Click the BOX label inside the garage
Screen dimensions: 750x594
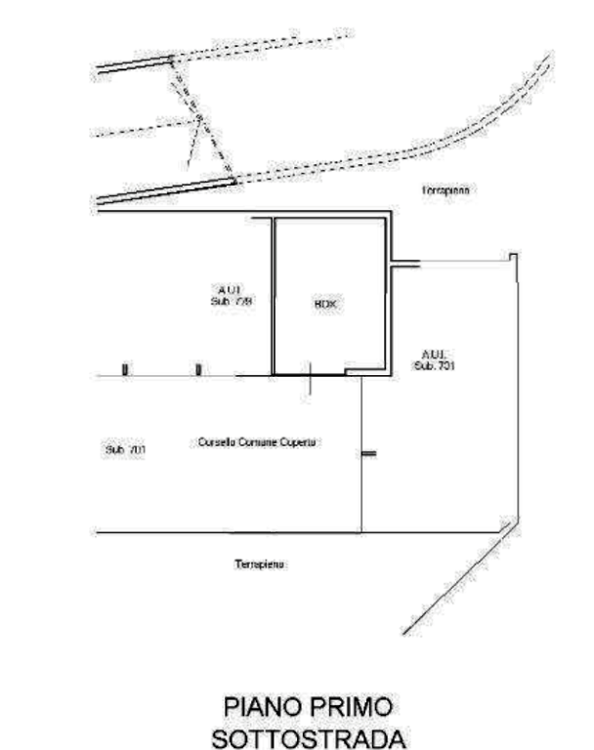pyautogui.click(x=325, y=305)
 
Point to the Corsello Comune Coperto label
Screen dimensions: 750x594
pyautogui.click(x=259, y=442)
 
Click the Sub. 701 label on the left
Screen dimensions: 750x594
pyautogui.click(x=124, y=449)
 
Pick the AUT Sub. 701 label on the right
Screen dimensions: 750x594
pyautogui.click(x=435, y=359)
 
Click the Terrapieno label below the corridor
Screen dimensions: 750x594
pyautogui.click(x=262, y=564)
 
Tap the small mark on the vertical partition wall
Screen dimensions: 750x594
pyautogui.click(x=368, y=452)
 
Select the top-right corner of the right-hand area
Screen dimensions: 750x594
pyautogui.click(x=514, y=256)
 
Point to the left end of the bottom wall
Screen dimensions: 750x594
pyautogui.click(x=94, y=530)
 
